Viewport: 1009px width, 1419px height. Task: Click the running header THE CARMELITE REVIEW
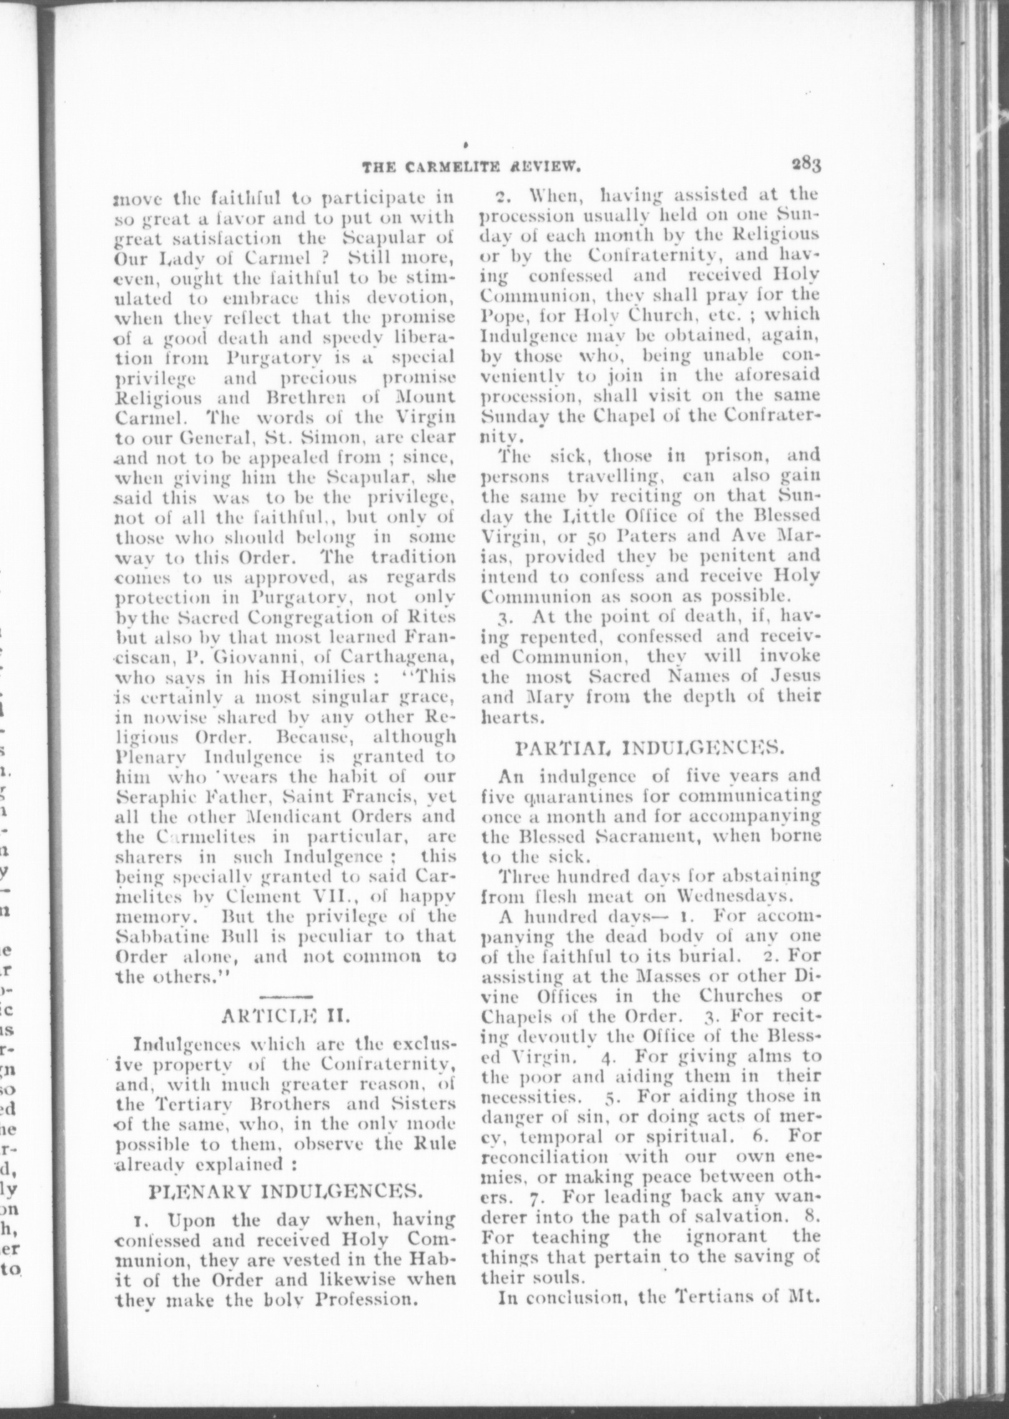[472, 167]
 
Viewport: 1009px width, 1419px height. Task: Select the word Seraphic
[150, 797]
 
